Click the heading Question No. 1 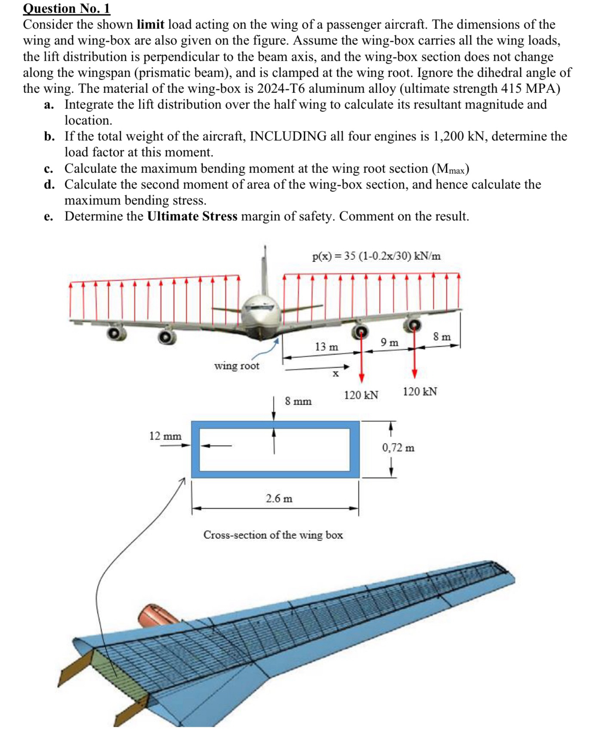[x=66, y=8]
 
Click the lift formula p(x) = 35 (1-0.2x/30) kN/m [x=376, y=256]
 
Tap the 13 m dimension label [x=326, y=347]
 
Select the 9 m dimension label [x=389, y=343]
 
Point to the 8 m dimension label [x=442, y=337]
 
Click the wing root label [x=237, y=366]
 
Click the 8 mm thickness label [x=298, y=401]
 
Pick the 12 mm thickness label [x=165, y=436]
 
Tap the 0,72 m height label [x=398, y=448]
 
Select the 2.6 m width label [x=279, y=498]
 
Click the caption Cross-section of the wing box [x=273, y=535]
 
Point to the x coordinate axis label [x=336, y=374]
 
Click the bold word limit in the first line [x=150, y=25]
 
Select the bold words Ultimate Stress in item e [x=192, y=216]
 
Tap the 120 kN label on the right [x=420, y=392]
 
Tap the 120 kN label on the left [x=361, y=395]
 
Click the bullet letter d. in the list [x=49, y=184]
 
